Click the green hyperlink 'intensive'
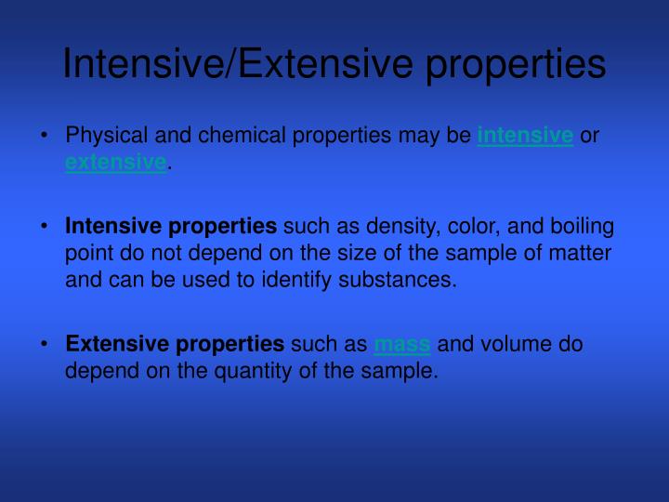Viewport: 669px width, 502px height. click(525, 137)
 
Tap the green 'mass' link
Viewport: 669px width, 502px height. click(402, 345)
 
